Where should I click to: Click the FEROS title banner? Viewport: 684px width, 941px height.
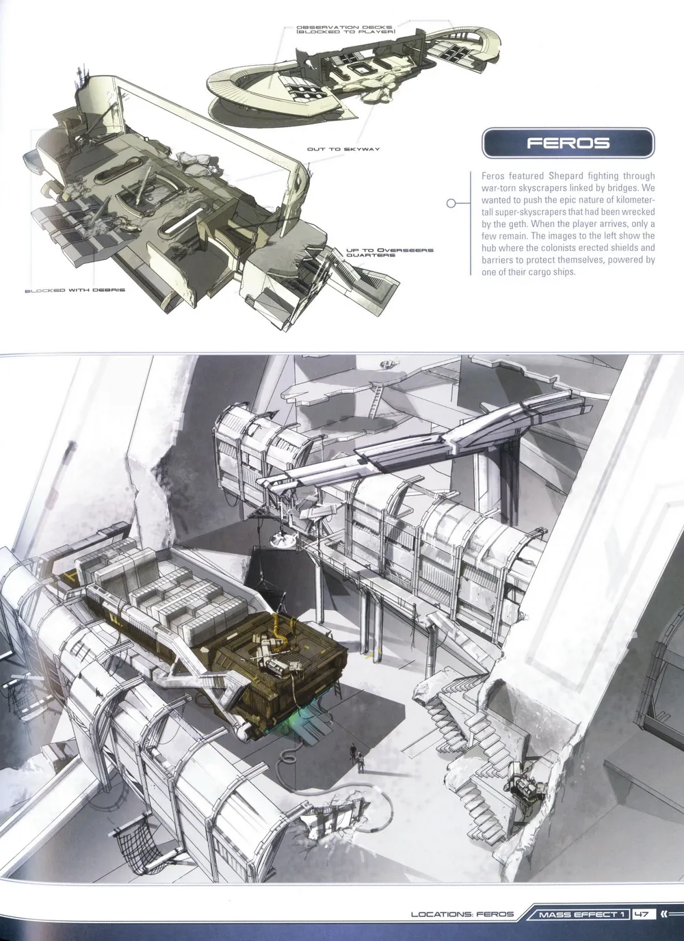pos(568,143)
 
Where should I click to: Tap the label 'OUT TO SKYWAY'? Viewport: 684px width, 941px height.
pos(343,149)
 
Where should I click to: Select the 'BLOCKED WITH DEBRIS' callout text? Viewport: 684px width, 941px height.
pos(75,290)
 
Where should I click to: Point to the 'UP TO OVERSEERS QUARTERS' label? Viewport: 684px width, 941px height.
pos(389,252)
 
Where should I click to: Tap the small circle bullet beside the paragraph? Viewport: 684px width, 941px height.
pos(451,203)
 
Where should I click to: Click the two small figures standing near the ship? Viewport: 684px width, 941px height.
pos(357,758)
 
